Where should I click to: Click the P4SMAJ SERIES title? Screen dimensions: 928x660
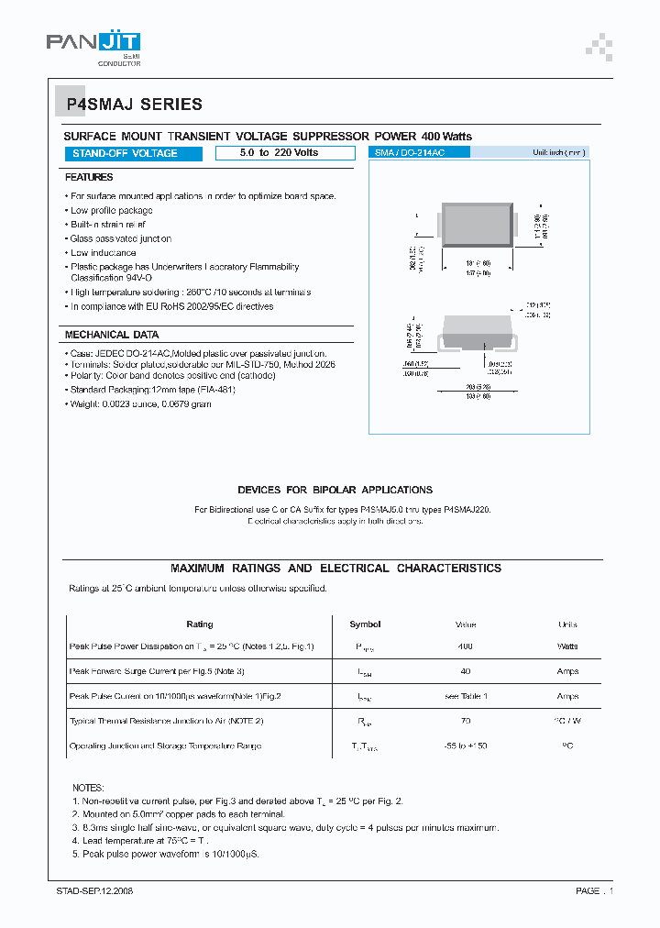pyautogui.click(x=134, y=105)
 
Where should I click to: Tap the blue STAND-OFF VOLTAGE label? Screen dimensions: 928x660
pyautogui.click(x=125, y=153)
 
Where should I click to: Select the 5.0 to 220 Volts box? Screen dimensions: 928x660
pyautogui.click(x=279, y=152)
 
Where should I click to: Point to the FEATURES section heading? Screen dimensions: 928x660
pyautogui.click(x=89, y=177)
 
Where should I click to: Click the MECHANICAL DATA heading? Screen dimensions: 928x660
pyautogui.click(x=112, y=335)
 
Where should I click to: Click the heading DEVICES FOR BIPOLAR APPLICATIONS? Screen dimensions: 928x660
pyautogui.click(x=335, y=490)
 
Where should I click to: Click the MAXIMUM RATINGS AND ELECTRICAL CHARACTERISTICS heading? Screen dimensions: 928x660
pyautogui.click(x=335, y=569)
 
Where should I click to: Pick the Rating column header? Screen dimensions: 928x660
pyautogui.click(x=199, y=624)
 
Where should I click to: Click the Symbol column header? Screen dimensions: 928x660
pyautogui.click(x=365, y=624)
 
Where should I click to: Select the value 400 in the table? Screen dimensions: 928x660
pyautogui.click(x=465, y=647)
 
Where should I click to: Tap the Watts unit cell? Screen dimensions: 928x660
pyautogui.click(x=567, y=647)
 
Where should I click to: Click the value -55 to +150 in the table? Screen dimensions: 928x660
pyautogui.click(x=465, y=746)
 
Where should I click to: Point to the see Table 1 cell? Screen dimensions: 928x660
pyautogui.click(x=466, y=697)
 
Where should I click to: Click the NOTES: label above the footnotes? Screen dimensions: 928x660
pyautogui.click(x=88, y=788)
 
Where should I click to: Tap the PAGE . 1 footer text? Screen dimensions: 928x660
pyautogui.click(x=594, y=890)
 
